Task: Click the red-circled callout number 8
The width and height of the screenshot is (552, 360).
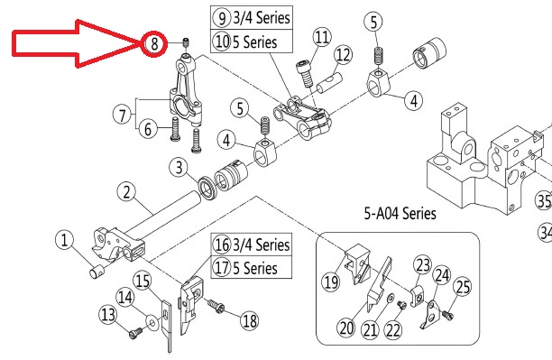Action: pos(154,43)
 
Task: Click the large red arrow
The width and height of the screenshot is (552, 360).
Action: pos(76,43)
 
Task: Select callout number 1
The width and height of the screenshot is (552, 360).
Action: pos(64,240)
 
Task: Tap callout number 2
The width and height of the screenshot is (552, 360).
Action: pos(127,191)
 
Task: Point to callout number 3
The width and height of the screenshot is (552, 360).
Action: pos(179,167)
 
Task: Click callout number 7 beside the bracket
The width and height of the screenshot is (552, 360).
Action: pos(122,115)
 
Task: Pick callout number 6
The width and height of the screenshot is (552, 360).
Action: pos(148,128)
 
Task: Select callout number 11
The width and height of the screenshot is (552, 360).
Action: pos(322,37)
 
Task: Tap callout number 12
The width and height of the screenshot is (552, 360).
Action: pos(343,55)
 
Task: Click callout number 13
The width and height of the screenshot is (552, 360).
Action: pos(108,313)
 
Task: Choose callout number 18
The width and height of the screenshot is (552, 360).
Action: pos(249,320)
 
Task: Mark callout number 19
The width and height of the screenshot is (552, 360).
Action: pos(331,282)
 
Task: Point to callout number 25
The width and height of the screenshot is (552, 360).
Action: pos(463,287)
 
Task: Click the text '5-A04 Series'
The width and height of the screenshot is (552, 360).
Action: pos(400,214)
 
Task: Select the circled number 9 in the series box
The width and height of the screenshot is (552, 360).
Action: pos(222,18)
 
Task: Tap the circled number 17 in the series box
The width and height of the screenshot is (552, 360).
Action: pos(222,268)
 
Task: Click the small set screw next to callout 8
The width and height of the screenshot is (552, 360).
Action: pos(186,43)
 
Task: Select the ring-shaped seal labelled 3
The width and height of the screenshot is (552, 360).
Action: pos(207,189)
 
